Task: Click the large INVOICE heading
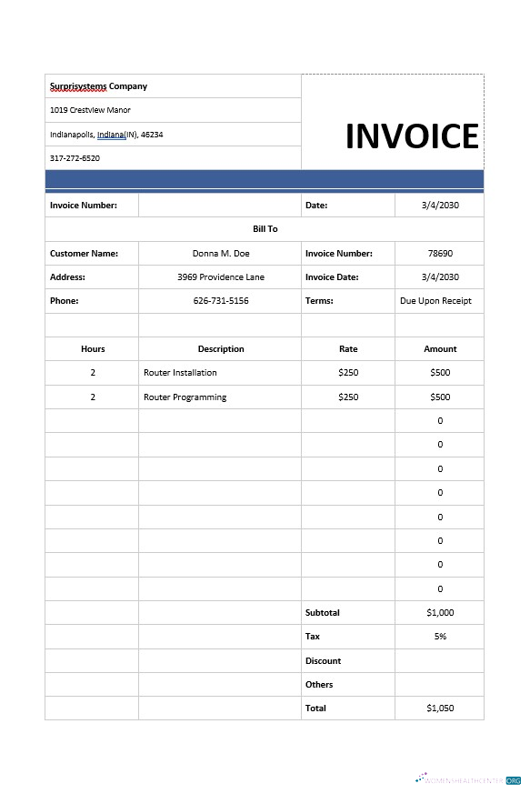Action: point(412,136)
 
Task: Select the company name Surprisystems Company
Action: point(98,86)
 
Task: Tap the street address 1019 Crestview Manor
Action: point(90,110)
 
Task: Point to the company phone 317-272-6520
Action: point(75,158)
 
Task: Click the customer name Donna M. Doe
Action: point(221,254)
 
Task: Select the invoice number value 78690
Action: point(440,254)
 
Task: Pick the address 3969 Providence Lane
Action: point(221,277)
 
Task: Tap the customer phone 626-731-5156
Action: point(221,301)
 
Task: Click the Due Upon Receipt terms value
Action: point(435,301)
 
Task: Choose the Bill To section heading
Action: point(265,229)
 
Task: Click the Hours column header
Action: point(93,349)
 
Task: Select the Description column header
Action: point(221,349)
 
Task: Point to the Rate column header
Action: point(348,349)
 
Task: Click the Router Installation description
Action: point(180,373)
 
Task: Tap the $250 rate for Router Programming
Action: point(348,397)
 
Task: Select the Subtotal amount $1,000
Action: point(440,613)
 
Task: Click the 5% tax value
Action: point(440,637)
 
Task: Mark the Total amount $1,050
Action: point(440,709)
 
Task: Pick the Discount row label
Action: point(323,661)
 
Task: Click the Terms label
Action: point(319,301)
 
